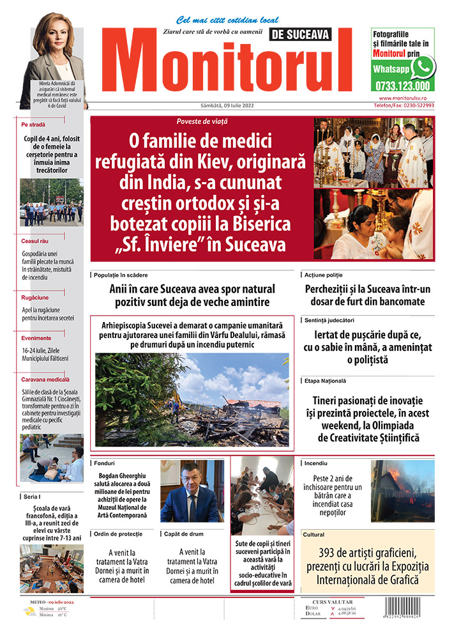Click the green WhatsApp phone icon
(x=423, y=66)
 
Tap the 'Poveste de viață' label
(x=202, y=121)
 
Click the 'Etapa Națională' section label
(x=326, y=381)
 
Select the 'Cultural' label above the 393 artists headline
(x=314, y=534)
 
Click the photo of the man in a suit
(x=190, y=491)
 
